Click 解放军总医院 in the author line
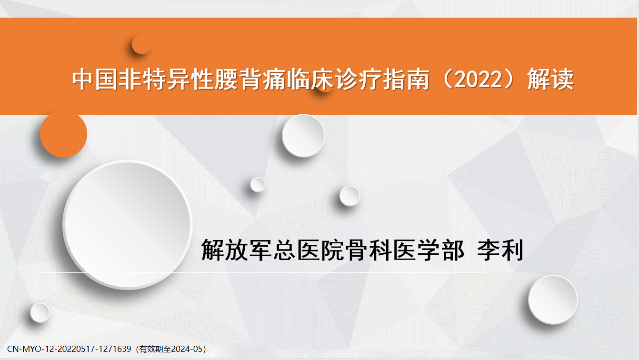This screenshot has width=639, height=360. point(272,250)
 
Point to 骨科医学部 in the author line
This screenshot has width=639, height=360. point(405,250)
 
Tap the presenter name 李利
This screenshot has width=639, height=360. point(500,250)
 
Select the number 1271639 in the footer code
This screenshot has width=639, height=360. point(115,349)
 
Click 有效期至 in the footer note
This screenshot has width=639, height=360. point(156,349)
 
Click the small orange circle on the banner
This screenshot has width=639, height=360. point(141,44)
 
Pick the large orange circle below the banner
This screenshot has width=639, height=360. point(63,134)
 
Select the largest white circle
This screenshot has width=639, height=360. point(128,225)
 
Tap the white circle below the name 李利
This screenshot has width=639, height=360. point(553,300)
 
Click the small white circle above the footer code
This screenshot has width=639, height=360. point(40,313)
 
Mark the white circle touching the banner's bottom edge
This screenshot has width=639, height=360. point(303,136)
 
